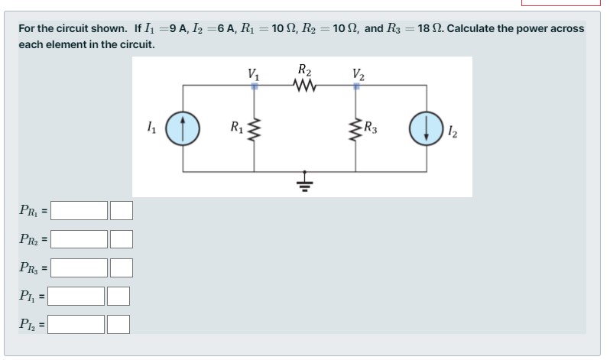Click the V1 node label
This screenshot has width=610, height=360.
254,74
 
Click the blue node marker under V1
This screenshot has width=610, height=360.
255,87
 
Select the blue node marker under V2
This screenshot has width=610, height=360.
355,87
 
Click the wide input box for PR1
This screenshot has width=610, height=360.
79,209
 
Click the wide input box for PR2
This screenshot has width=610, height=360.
79,239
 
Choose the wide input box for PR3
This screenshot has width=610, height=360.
79,268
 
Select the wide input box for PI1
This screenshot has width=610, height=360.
78,295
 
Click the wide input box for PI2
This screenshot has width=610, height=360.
78,325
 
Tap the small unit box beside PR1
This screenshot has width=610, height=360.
122,209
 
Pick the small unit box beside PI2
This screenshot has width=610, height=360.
118,325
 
